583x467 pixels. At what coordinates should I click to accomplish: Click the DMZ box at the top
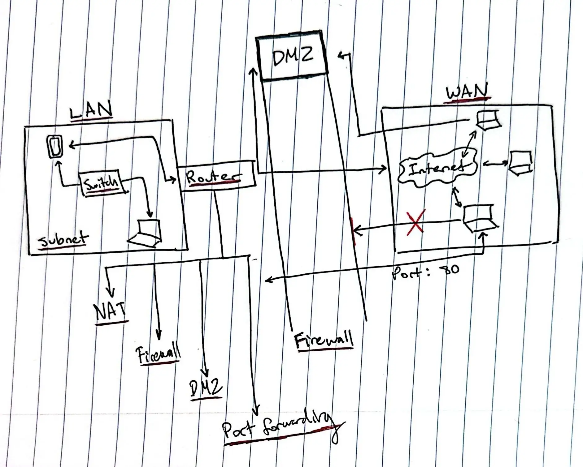point(293,56)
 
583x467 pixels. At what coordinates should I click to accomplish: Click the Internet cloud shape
point(437,169)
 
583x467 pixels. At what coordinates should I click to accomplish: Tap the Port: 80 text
point(426,271)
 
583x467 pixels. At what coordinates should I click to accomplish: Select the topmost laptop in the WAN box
point(488,120)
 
